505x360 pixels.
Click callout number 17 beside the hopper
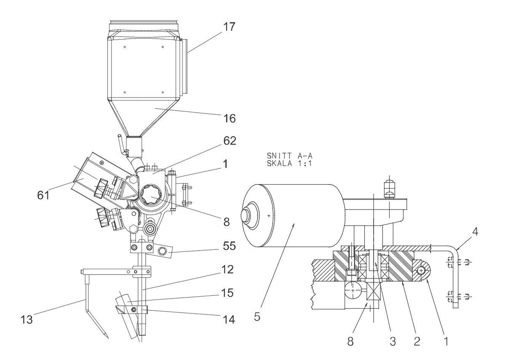pos(229,26)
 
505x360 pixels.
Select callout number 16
pos(229,118)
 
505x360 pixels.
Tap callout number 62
pos(230,141)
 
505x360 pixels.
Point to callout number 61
pos(43,195)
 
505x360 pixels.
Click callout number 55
pos(229,246)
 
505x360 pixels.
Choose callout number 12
pos(227,270)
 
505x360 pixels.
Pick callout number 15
pos(227,293)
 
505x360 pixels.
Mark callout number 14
pos(229,320)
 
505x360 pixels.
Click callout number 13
pos(27,320)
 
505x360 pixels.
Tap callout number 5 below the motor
pos(257,317)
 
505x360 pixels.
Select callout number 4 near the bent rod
pos(475,232)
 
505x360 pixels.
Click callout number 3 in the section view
pos(393,341)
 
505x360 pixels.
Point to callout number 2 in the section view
pos(417,341)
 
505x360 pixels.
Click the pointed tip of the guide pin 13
pos(108,338)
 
